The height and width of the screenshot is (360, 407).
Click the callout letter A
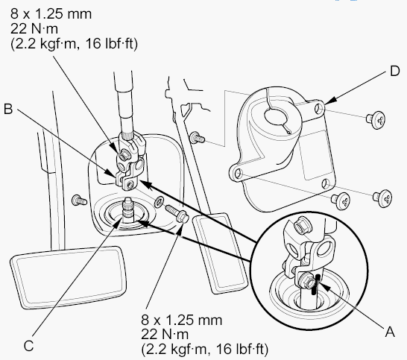coord(390,332)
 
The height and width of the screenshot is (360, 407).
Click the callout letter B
coord(8,109)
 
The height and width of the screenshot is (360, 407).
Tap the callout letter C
coord(28,346)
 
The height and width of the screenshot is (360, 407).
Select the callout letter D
coord(395,71)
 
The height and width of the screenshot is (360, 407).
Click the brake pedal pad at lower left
coord(69,277)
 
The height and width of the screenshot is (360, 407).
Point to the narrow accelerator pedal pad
coord(220,253)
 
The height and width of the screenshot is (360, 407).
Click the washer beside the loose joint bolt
coord(159,202)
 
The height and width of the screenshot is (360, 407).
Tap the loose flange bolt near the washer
coord(177,213)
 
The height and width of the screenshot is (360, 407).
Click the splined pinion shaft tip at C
coord(129,207)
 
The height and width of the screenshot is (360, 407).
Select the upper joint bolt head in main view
coord(122,155)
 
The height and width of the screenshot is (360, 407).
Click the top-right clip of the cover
coord(376,120)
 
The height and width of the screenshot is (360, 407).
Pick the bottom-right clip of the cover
coord(382,198)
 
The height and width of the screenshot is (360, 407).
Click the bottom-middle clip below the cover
coord(341,201)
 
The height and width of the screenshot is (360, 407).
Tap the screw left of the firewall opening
coord(79,200)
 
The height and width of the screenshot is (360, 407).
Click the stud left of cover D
coord(198,138)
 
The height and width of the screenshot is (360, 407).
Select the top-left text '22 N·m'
coord(34,28)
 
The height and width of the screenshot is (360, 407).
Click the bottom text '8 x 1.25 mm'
coord(182,320)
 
